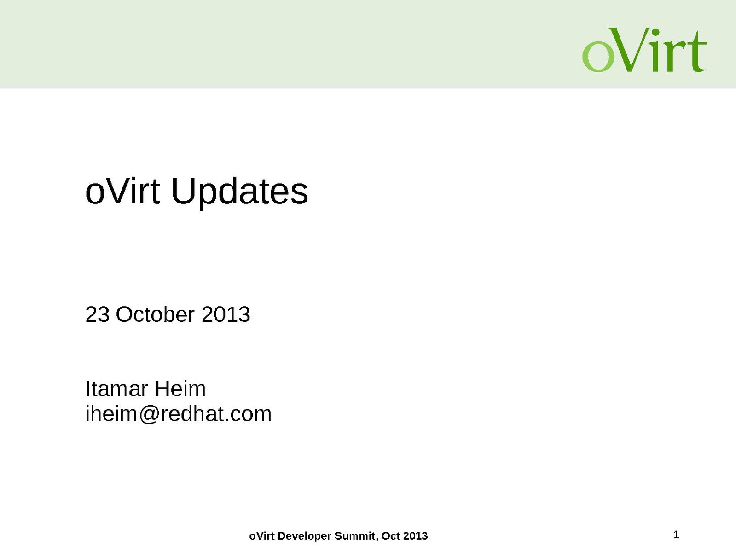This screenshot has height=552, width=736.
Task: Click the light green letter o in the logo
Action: point(598,56)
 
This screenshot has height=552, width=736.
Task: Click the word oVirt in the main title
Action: point(123,191)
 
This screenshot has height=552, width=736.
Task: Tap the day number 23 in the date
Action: point(98,314)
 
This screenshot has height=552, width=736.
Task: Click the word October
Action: point(155,314)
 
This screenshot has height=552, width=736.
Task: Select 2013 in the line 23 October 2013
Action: point(226,314)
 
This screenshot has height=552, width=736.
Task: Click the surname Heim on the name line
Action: point(180,389)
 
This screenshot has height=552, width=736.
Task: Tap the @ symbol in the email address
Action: point(148,414)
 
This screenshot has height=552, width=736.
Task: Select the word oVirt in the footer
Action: point(262,535)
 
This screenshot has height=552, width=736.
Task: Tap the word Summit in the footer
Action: point(357,536)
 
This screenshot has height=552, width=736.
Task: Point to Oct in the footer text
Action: point(391,535)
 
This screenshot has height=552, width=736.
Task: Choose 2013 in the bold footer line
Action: point(416,535)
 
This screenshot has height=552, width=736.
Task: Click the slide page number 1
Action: point(676,535)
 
